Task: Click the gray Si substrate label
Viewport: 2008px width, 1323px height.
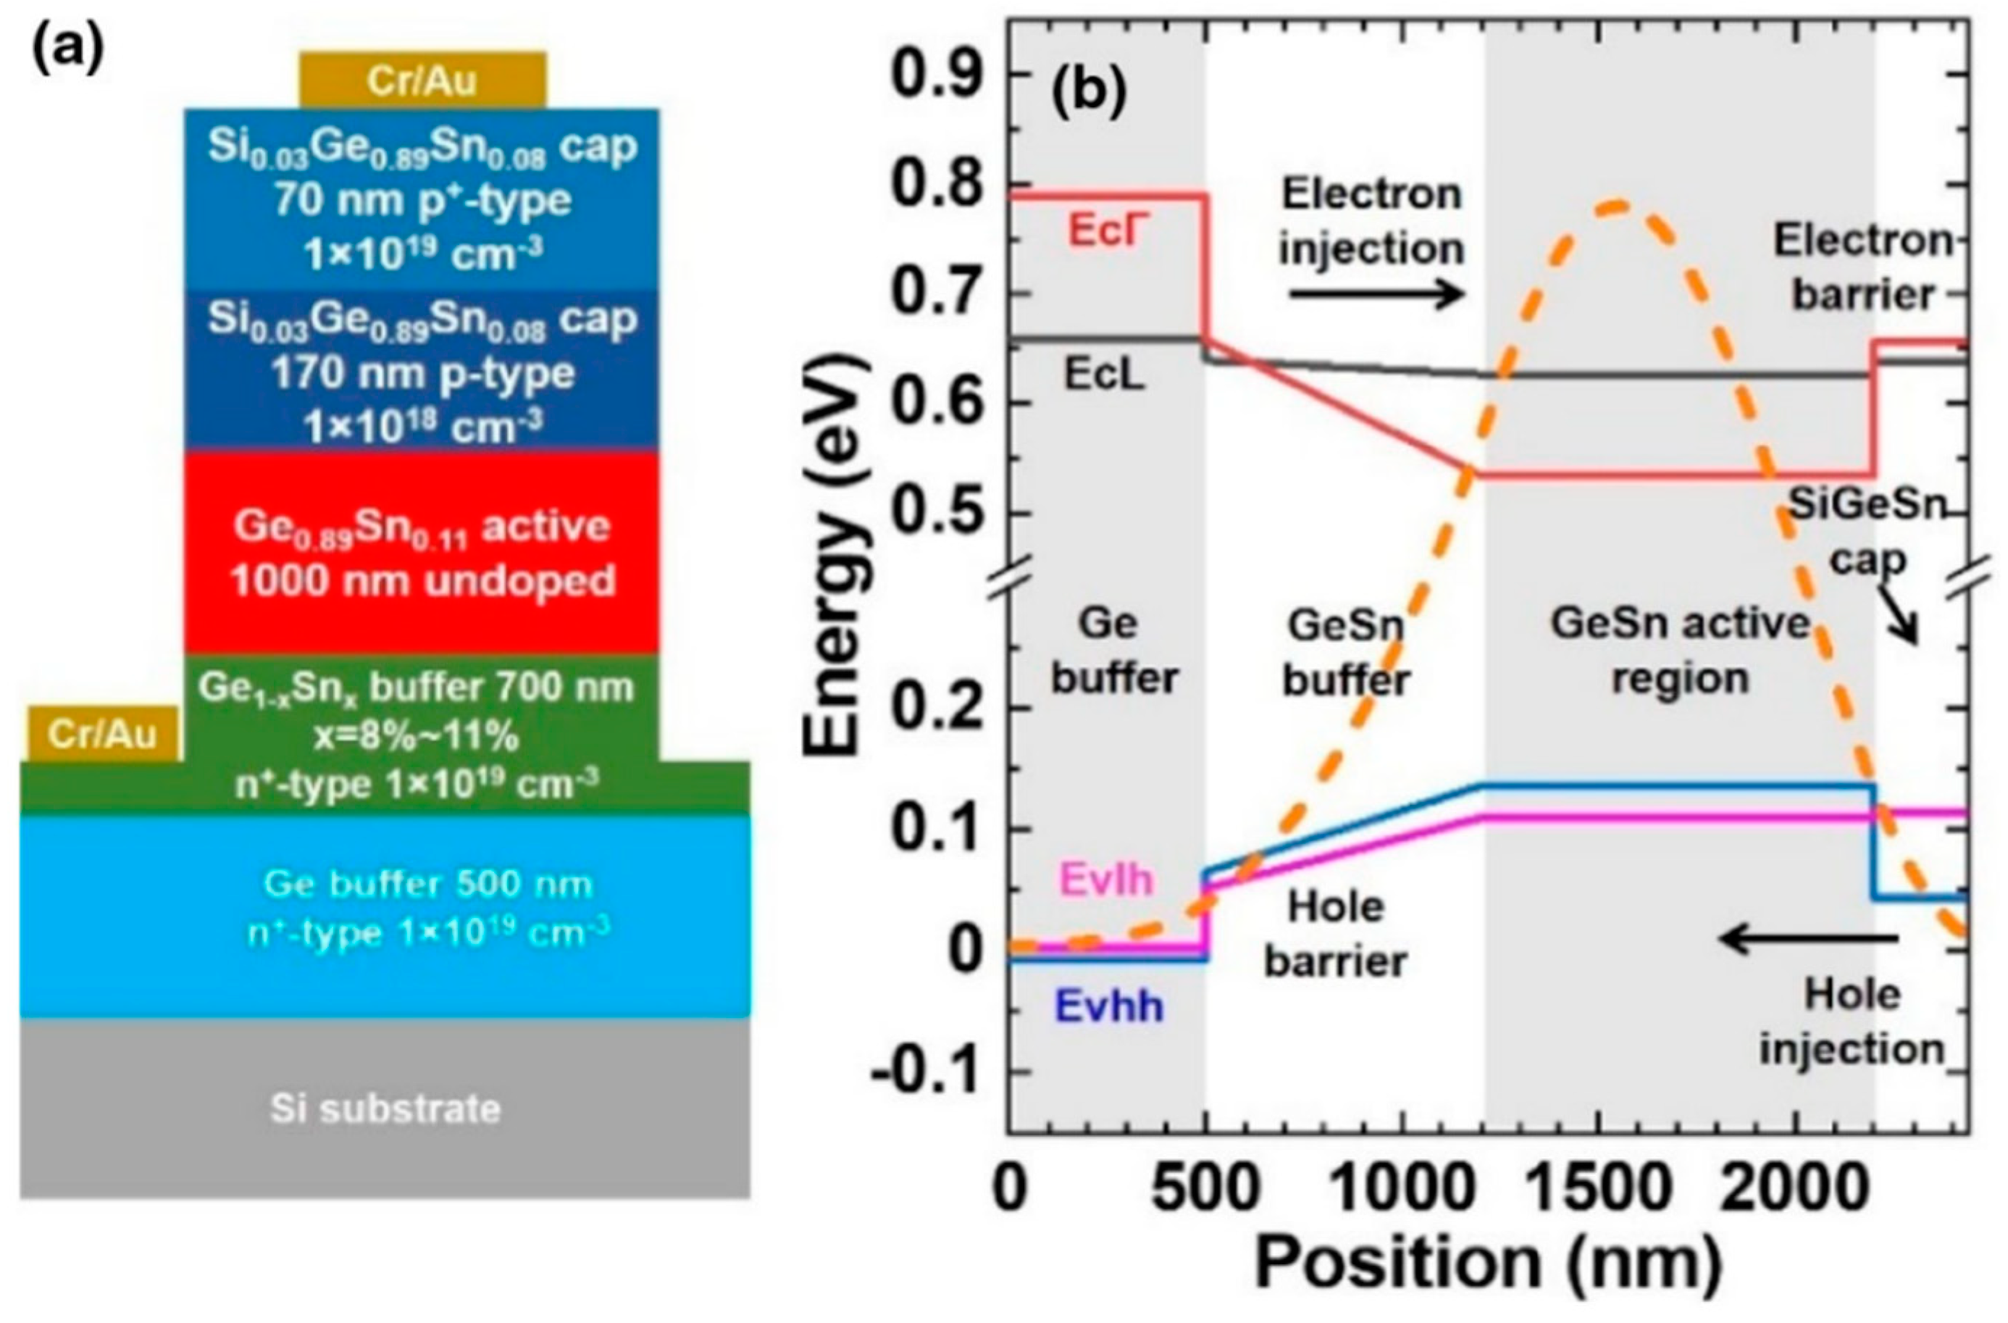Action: [385, 1108]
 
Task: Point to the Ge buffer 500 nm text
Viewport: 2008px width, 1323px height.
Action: [429, 883]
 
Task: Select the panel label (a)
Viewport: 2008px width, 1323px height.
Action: [67, 53]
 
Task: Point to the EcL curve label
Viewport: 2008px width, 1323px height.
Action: [1103, 375]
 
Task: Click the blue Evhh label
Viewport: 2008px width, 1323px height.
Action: [1110, 1006]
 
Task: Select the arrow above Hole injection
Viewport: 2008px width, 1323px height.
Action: [1810, 938]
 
